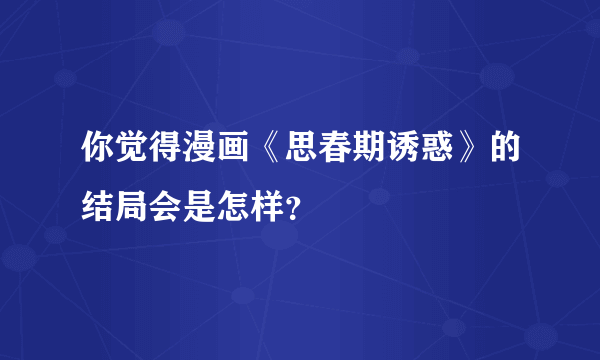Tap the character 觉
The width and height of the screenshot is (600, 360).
133,152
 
